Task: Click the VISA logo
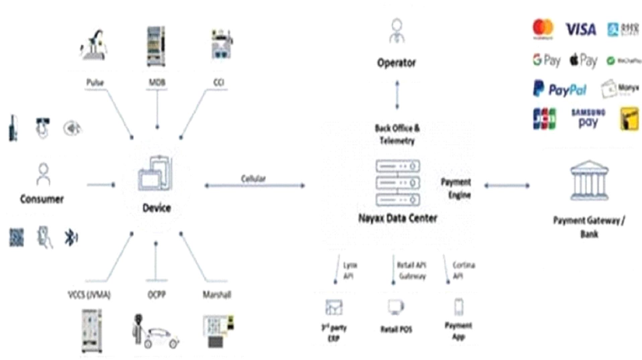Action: (581, 29)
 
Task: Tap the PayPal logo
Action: (560, 89)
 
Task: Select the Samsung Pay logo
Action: (588, 118)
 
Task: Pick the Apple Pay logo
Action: (583, 61)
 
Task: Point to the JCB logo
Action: (544, 119)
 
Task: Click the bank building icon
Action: (589, 181)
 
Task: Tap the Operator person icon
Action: (397, 31)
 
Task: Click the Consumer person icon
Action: (43, 174)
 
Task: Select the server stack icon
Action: (398, 183)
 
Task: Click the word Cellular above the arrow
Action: (253, 178)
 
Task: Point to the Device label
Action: (156, 208)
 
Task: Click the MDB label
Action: (157, 82)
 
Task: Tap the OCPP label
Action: (156, 294)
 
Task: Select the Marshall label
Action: (217, 295)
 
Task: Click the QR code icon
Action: (16, 237)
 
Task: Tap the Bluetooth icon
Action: (71, 237)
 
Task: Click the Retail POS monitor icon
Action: (396, 307)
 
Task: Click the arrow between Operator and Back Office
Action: (397, 95)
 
